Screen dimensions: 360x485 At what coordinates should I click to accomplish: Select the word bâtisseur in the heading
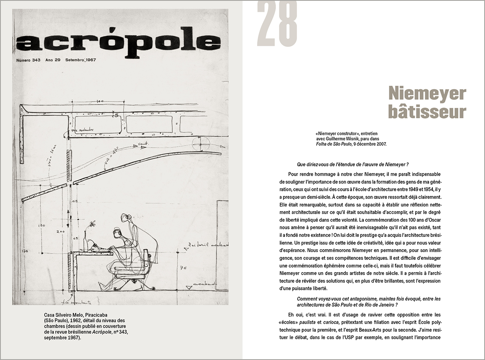click(427, 112)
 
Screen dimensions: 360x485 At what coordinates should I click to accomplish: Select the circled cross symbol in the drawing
click(202, 143)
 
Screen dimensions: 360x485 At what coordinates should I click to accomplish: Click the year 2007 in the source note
click(380, 144)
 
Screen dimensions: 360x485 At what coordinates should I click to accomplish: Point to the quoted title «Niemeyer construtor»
click(336, 133)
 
